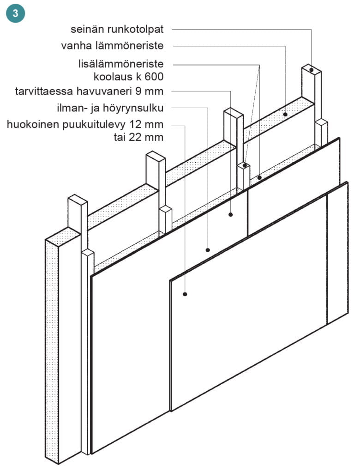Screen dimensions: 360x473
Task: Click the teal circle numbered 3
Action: pos(15,13)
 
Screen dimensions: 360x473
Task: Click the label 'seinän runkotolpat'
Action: pos(117,29)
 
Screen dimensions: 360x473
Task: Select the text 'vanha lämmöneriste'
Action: pos(112,46)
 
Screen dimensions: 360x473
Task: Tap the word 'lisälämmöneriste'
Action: pos(121,64)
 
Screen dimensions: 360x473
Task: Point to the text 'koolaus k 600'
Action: pos(129,77)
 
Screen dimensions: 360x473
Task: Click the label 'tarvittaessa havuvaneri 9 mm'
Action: pos(89,91)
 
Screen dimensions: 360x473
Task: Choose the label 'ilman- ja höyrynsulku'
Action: pos(110,108)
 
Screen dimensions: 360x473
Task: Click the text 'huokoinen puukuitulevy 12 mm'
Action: pos(85,124)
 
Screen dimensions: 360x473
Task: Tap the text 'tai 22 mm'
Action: pos(139,137)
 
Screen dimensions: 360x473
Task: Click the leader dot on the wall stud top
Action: pos(311,70)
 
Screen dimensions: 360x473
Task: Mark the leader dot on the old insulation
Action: pos(285,115)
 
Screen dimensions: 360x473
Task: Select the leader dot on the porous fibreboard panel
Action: pos(185,294)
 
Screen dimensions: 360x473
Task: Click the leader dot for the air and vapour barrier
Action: pos(208,250)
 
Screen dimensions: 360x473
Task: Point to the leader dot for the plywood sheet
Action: pos(231,214)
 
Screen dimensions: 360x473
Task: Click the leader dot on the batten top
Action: pos(245,165)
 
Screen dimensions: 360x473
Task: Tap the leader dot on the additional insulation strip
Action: pos(259,178)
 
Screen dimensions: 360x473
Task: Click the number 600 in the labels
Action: pos(154,77)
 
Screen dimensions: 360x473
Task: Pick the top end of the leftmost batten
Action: pos(88,253)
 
